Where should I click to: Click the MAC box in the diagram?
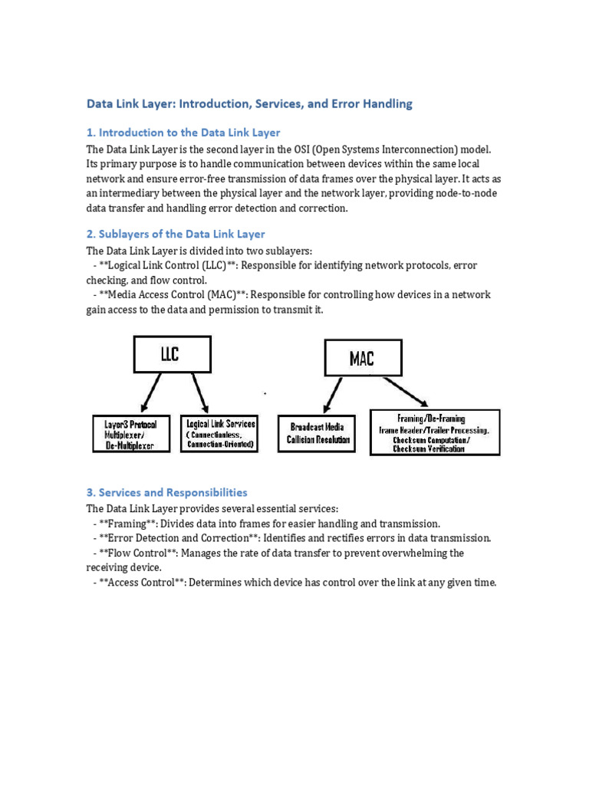tap(362, 359)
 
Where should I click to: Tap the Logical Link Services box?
tap(220, 434)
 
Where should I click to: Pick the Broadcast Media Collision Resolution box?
tap(318, 434)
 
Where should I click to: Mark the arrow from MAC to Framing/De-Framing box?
tap(404, 391)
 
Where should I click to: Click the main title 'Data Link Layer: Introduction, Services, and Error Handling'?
tap(249, 103)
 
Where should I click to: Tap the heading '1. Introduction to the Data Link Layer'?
tap(183, 133)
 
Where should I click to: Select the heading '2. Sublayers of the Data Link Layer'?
tap(176, 234)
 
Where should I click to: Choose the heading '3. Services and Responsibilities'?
tap(166, 492)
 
